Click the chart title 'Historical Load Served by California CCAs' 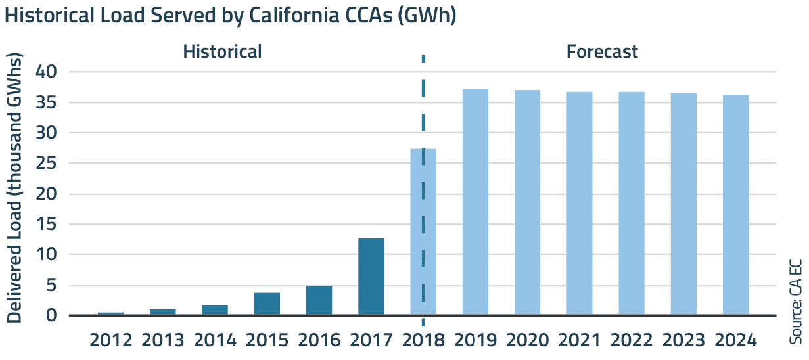pos(230,16)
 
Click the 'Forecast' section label pos(602,52)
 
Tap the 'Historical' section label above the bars pos(222,52)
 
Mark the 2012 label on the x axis pos(110,341)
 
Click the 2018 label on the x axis pos(423,341)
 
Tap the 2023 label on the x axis pos(683,341)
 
